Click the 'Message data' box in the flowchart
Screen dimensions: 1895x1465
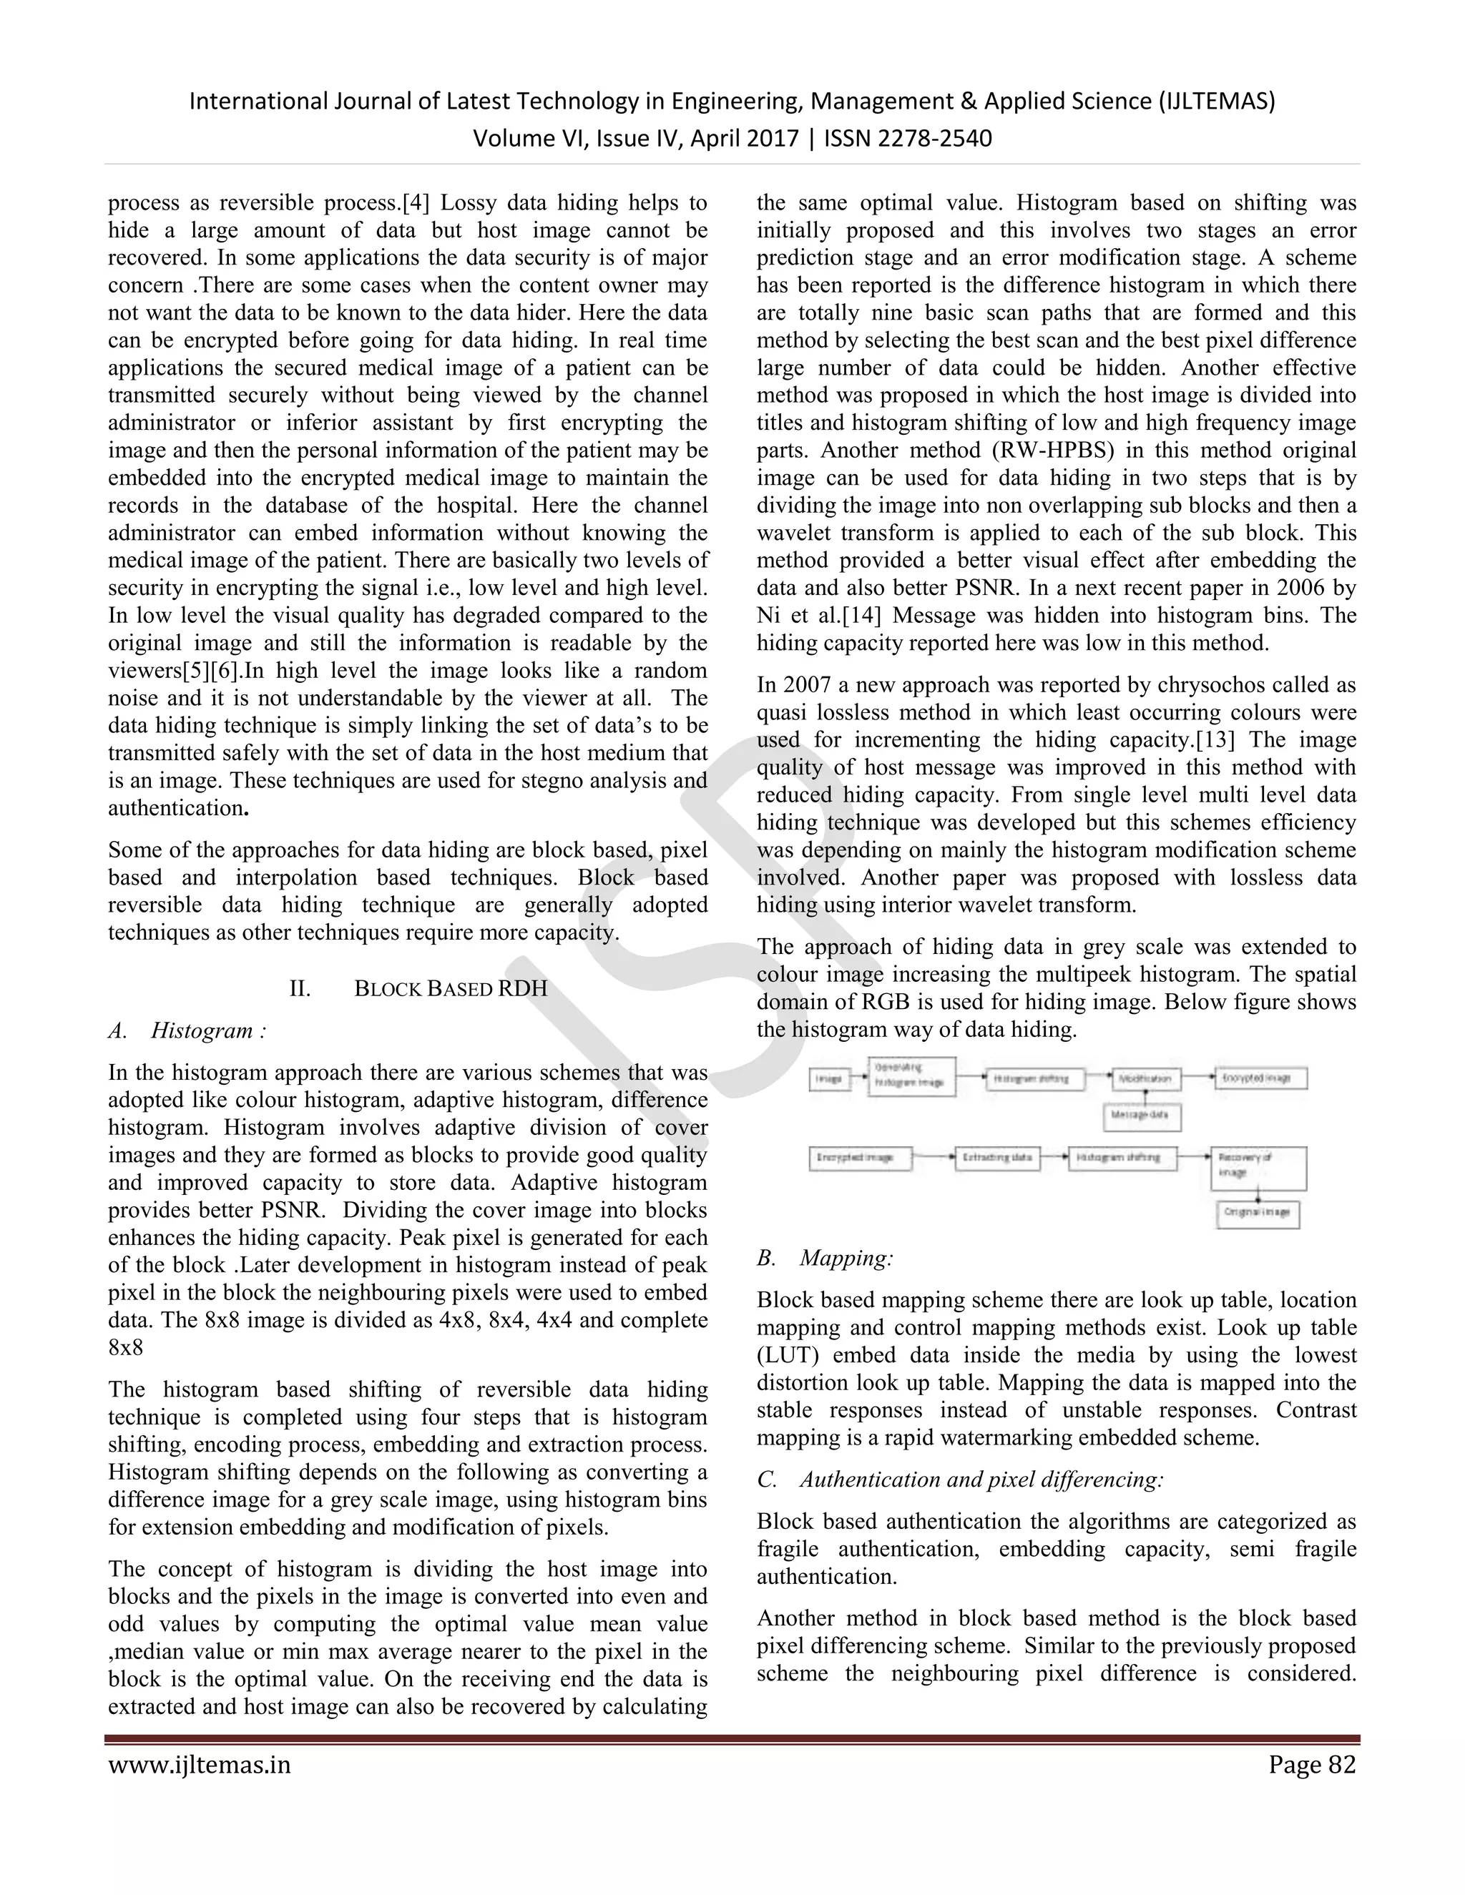click(1142, 1116)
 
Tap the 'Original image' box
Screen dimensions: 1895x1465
click(1258, 1212)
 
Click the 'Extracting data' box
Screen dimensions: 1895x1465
click(997, 1158)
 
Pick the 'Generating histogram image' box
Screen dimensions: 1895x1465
click(911, 1077)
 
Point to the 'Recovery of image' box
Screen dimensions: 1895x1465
click(1258, 1167)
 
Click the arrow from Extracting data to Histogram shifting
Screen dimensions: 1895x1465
click(1054, 1158)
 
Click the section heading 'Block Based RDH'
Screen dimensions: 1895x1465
click(451, 989)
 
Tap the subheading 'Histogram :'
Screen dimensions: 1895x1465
click(208, 1030)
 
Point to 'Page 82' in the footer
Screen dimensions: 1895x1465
click(1311, 1765)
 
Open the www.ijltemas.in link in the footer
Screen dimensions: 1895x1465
click(200, 1765)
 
